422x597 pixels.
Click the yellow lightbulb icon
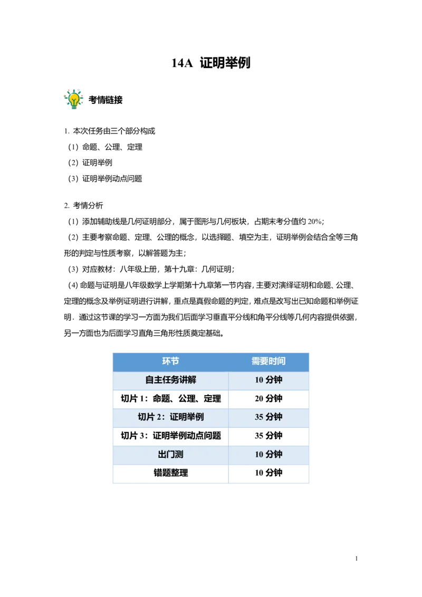[x=74, y=99]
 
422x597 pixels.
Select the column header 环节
[x=170, y=361]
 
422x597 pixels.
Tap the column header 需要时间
[x=268, y=361]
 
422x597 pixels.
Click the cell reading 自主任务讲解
[x=170, y=380]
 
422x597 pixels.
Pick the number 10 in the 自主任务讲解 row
[x=259, y=380]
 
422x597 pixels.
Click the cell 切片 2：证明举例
[x=170, y=417]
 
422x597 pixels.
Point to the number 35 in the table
[x=259, y=417]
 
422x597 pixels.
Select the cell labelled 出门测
[x=170, y=455]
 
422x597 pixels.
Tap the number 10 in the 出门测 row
[x=259, y=455]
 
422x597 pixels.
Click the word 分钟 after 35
[x=274, y=417]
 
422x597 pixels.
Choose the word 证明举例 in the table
[x=187, y=417]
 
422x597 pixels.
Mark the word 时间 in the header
[x=277, y=361]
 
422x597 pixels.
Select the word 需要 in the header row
[x=260, y=361]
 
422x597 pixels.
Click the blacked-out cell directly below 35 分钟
[x=270, y=437]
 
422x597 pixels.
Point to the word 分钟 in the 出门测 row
[x=274, y=455]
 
